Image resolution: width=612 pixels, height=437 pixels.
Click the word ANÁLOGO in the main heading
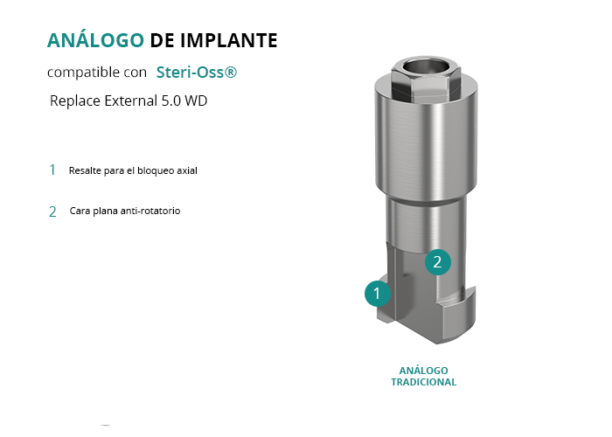point(95,40)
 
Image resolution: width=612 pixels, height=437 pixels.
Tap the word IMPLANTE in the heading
point(229,40)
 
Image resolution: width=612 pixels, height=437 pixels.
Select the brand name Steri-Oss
point(191,73)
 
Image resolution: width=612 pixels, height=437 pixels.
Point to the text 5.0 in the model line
point(171,101)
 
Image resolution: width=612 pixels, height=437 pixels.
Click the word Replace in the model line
point(75,101)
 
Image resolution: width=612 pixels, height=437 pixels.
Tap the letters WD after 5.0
point(196,101)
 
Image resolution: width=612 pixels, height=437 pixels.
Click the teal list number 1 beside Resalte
point(52,170)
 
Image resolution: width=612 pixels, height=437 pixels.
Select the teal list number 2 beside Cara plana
point(52,212)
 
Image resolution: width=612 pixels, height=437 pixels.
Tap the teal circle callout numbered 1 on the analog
point(378,294)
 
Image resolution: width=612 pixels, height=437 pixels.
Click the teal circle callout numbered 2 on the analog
point(437,262)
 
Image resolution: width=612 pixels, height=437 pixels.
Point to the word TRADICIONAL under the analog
point(423,382)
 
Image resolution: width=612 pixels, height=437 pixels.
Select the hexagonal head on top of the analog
point(426,80)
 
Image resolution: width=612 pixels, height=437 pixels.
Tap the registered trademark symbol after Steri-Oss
point(231,72)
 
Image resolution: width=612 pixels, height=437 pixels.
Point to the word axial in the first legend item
point(187,170)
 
